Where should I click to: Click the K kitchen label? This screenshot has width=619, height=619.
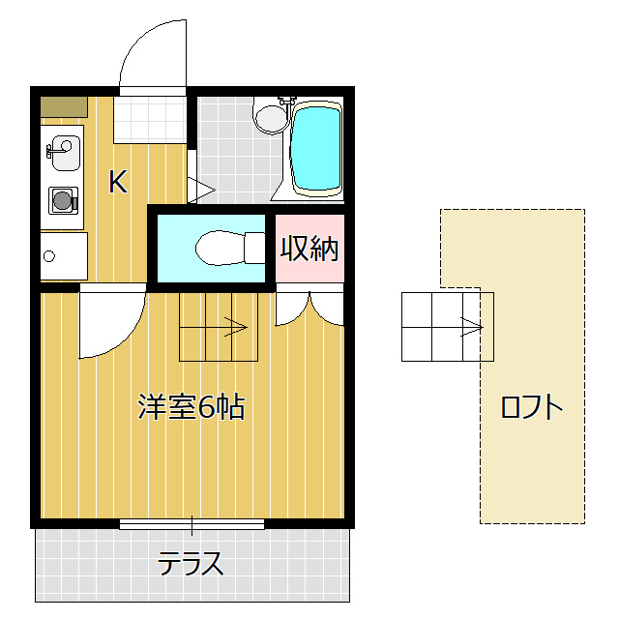click(x=118, y=182)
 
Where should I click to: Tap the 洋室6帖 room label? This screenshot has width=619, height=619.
click(x=191, y=407)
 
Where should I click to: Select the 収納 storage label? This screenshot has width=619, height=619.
click(x=309, y=249)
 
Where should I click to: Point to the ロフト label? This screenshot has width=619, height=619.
click(x=531, y=406)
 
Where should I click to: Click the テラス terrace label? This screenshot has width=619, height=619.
click(x=192, y=562)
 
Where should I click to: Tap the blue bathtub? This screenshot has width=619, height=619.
click(x=316, y=148)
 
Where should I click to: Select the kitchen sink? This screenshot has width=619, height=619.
click(x=62, y=151)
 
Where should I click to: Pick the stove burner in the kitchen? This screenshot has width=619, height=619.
click(x=63, y=201)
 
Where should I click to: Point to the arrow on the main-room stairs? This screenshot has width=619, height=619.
click(x=235, y=327)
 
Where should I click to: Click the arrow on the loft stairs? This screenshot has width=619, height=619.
click(x=471, y=327)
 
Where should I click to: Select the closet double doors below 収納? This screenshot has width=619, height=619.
click(x=309, y=308)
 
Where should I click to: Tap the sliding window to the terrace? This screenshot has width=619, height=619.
click(x=192, y=525)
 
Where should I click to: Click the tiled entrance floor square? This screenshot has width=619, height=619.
click(x=149, y=118)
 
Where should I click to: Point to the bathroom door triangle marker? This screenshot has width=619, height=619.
click(x=197, y=189)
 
